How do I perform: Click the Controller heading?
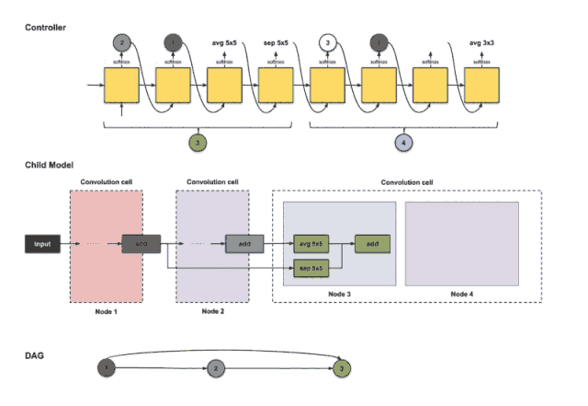(x=43, y=28)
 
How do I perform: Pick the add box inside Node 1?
(x=140, y=244)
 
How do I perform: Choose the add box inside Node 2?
(x=243, y=244)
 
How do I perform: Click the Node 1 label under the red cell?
(x=106, y=311)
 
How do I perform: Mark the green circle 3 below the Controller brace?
(x=198, y=142)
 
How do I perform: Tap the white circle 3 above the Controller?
(x=326, y=41)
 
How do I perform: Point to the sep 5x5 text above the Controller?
(x=275, y=41)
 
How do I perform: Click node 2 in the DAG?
(x=213, y=368)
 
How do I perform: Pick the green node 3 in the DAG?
(x=341, y=368)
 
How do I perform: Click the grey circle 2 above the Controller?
(x=121, y=41)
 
